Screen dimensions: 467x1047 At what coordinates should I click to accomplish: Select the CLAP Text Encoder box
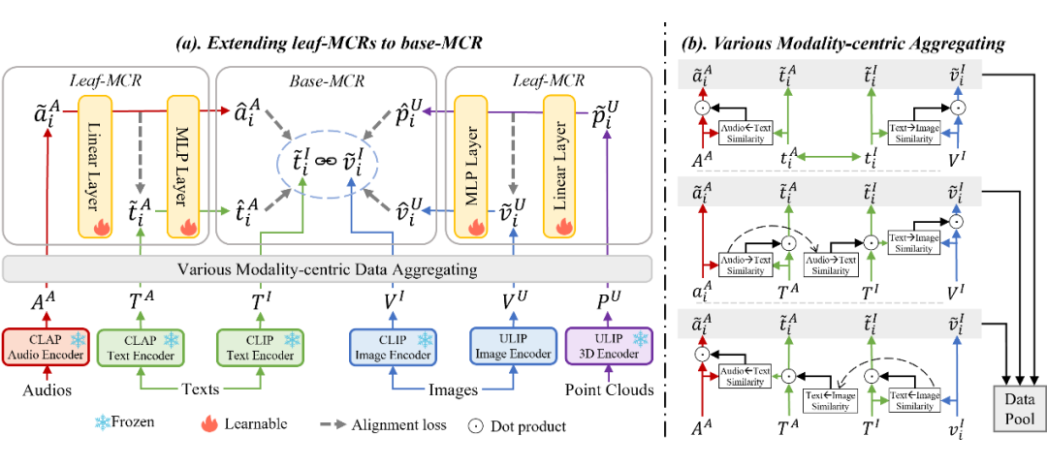pyautogui.click(x=143, y=347)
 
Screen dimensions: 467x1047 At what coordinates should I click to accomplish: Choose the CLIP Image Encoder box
pyautogui.click(x=392, y=347)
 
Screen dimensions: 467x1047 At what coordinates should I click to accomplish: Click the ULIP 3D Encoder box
pyautogui.click(x=610, y=347)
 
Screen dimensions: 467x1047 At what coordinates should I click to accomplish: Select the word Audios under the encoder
pyautogui.click(x=47, y=390)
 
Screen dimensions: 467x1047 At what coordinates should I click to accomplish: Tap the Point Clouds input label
pyautogui.click(x=610, y=390)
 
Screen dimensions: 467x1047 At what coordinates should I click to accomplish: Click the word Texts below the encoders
pyautogui.click(x=199, y=390)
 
